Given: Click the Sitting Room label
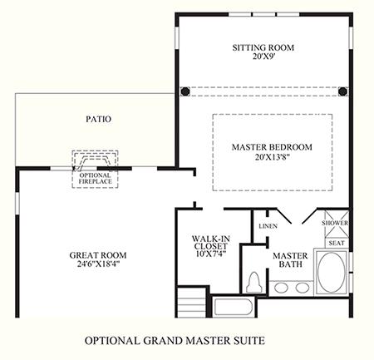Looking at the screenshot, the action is click(263, 47).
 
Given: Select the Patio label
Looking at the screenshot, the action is click(98, 119).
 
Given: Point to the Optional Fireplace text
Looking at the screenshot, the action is click(95, 179).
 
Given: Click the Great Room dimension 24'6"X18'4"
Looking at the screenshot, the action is click(98, 264).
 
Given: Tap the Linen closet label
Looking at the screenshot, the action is click(268, 226).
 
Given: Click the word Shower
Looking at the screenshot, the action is click(335, 223).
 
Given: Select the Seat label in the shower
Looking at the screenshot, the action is click(337, 243).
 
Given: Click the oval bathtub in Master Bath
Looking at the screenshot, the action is click(332, 272).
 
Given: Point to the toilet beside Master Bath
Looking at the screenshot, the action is click(254, 282).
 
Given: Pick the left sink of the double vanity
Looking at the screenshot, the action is click(281, 288).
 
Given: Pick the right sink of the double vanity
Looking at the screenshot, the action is click(303, 288).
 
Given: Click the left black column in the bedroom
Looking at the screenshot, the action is click(185, 91).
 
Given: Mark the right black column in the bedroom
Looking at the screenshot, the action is click(342, 91).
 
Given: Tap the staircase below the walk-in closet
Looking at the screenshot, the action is click(191, 303).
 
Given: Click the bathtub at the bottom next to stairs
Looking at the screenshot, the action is click(233, 307).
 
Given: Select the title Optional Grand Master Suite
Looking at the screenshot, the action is click(175, 340).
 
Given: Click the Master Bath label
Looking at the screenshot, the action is click(290, 259).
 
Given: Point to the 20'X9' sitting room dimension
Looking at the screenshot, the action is click(263, 57).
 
